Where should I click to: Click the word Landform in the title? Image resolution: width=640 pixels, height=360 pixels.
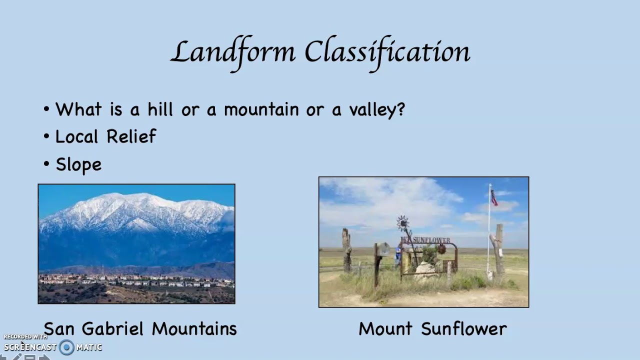pyautogui.click(x=233, y=52)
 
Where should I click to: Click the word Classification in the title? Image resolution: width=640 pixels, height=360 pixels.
pyautogui.click(x=387, y=52)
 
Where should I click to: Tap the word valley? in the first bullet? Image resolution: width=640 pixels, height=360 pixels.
pyautogui.click(x=376, y=110)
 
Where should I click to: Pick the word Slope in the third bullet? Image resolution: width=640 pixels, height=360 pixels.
pyautogui.click(x=78, y=164)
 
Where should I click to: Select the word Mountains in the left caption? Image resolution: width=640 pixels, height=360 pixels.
pyautogui.click(x=194, y=328)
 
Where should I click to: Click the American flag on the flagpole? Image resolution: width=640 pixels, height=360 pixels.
pyautogui.click(x=494, y=197)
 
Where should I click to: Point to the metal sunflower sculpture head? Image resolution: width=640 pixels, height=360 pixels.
pyautogui.click(x=402, y=222)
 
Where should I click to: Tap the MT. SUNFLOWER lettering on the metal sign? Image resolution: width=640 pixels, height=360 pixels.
pyautogui.click(x=426, y=240)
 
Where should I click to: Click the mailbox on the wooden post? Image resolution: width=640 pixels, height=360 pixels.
pyautogui.click(x=382, y=248)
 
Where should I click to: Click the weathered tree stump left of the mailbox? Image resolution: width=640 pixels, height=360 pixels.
pyautogui.click(x=346, y=250)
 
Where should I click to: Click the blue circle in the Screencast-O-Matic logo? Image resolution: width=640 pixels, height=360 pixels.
pyautogui.click(x=66, y=347)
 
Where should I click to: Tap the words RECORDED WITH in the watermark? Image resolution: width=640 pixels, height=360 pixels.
pyautogui.click(x=25, y=337)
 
